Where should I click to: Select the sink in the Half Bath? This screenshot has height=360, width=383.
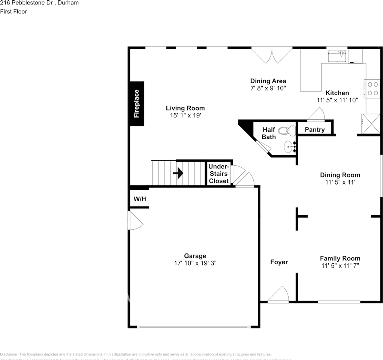click(x=290, y=147)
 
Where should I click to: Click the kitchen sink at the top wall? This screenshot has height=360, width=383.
click(x=337, y=56)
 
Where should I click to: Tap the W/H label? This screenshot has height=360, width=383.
click(x=140, y=199)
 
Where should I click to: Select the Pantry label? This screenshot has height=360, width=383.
click(x=314, y=130)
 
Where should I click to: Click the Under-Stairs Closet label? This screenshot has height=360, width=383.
click(x=219, y=174)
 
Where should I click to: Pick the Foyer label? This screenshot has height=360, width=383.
click(x=279, y=262)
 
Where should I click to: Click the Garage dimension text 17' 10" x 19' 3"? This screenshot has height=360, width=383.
click(x=195, y=263)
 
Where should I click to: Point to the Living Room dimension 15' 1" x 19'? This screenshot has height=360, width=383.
click(x=185, y=115)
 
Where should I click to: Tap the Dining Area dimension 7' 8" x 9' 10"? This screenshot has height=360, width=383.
click(x=268, y=88)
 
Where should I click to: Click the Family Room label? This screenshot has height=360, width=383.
click(x=340, y=258)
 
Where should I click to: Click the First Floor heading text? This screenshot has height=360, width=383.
click(x=13, y=12)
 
